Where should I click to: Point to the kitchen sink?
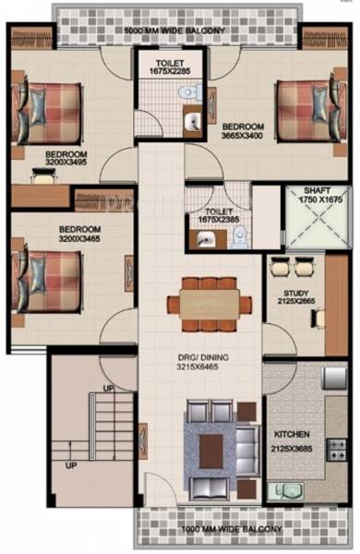281,489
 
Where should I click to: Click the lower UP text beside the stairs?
70,465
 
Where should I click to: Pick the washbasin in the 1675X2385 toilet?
204,238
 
